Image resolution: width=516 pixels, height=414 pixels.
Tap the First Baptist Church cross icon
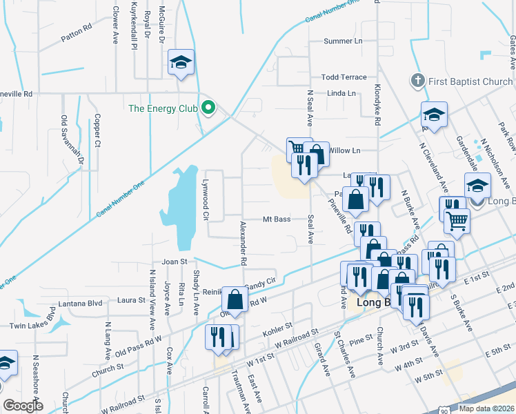pyautogui.click(x=416, y=81)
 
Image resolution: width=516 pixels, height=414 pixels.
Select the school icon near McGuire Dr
pyautogui.click(x=181, y=63)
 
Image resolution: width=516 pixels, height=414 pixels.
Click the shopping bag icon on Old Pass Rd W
pyautogui.click(x=235, y=299)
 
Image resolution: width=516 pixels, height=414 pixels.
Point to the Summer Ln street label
pyautogui.click(x=343, y=41)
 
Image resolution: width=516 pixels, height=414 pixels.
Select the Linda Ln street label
pyautogui.click(x=341, y=93)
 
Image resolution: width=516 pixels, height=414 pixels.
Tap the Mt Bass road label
pyautogui.click(x=276, y=219)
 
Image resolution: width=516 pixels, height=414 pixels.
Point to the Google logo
pyautogui.click(x=23, y=406)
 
